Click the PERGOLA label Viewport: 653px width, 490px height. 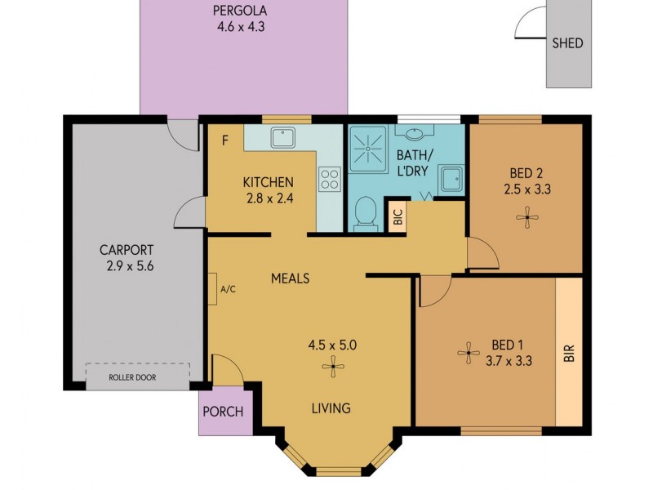tap(241, 11)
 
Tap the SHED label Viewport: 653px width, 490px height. tap(567, 42)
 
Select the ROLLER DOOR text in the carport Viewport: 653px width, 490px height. tap(132, 377)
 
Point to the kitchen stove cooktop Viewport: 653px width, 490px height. tap(329, 179)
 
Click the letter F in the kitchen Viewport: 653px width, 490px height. tap(224, 140)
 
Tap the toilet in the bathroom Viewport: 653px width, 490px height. tap(364, 215)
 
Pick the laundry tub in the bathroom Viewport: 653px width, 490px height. tap(451, 178)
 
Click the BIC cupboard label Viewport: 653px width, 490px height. tap(398, 217)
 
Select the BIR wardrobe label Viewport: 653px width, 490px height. tap(568, 353)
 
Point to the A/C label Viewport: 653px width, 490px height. tap(228, 289)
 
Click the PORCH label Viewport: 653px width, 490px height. tap(223, 411)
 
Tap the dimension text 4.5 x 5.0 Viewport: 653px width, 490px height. tap(331, 345)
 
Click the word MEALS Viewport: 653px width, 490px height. tap(290, 278)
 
